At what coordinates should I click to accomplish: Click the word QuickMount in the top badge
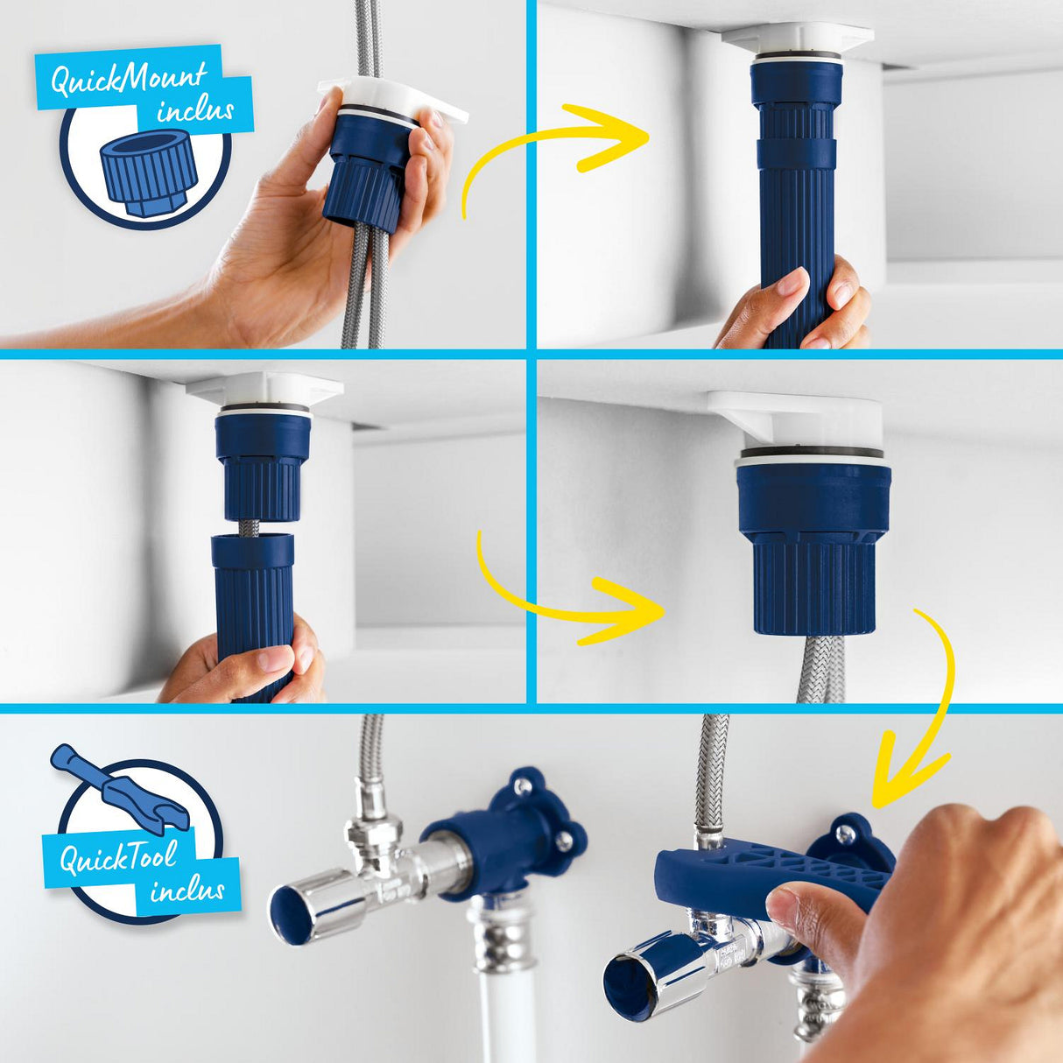(128, 78)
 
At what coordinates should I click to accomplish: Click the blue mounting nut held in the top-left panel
(368, 171)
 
